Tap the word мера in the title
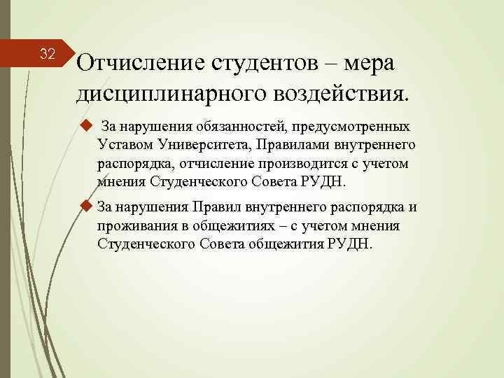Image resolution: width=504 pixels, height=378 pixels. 367,64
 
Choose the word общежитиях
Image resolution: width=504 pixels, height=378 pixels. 246,225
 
